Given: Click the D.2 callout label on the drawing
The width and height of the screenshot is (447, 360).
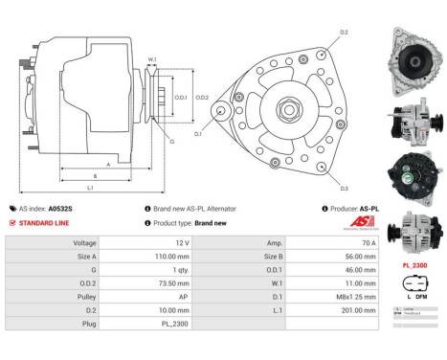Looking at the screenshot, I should click(344, 33).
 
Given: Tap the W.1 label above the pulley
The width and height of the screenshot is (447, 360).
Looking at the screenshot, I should click(151, 60).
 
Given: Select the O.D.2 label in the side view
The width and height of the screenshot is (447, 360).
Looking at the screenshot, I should click(202, 98).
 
